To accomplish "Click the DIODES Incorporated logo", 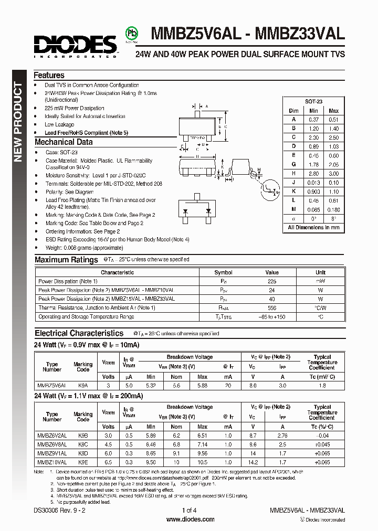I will [x=75, y=46].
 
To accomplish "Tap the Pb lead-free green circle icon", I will [x=132, y=34].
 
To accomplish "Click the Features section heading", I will [x=49, y=75].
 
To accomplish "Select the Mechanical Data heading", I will [x=63, y=142].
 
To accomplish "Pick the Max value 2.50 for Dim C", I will [x=333, y=137].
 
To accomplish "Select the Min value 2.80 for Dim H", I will [x=313, y=173].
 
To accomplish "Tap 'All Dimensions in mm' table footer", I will [x=314, y=227].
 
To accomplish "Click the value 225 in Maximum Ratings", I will [x=271, y=281].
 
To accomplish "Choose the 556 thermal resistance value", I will [x=271, y=308].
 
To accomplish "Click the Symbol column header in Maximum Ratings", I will [x=223, y=272].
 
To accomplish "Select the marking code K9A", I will [x=82, y=385].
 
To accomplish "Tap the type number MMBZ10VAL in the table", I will [x=51, y=462].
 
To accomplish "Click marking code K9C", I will [x=82, y=444].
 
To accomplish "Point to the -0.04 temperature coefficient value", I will [x=322, y=435].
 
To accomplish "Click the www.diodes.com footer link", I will [x=190, y=519].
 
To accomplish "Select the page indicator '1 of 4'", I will [x=189, y=509].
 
